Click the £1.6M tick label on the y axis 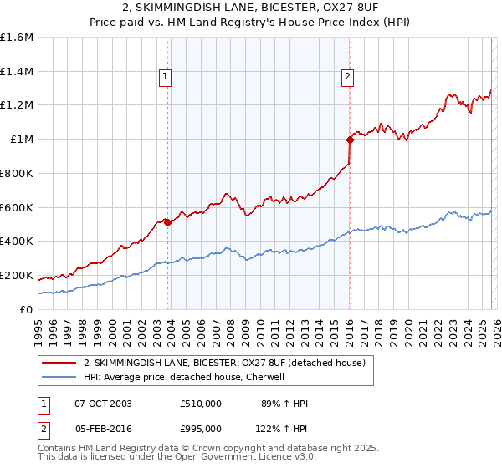click(x=17, y=38)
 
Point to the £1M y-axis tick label click(x=21, y=140)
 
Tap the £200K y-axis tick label click(x=17, y=275)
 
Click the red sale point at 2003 click(x=167, y=222)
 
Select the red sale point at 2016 click(x=350, y=140)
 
